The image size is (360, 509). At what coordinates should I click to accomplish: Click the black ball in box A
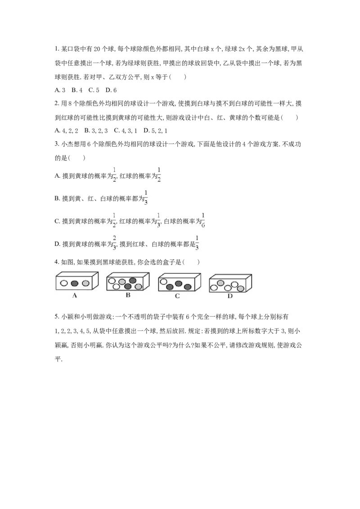[75, 283]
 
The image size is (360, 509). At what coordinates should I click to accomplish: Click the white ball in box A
[64, 283]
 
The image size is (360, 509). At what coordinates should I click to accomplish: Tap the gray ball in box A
[85, 283]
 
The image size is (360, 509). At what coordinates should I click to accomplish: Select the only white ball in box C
[163, 281]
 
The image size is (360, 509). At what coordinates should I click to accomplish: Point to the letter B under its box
[128, 295]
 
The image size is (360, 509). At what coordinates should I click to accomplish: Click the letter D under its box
[230, 296]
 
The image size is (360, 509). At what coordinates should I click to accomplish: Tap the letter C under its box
[177, 296]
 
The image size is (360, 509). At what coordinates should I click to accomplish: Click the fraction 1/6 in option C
[203, 220]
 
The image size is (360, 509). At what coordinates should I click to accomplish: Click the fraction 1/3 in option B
[146, 197]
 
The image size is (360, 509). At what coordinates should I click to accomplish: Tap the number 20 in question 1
[97, 49]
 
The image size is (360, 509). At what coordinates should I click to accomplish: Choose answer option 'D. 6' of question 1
[111, 90]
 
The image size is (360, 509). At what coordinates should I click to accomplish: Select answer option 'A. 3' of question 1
[60, 90]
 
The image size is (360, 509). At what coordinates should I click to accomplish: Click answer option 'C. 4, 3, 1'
[126, 130]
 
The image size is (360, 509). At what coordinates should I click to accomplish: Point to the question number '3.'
[57, 144]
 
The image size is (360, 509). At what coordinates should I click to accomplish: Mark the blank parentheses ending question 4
[191, 262]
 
